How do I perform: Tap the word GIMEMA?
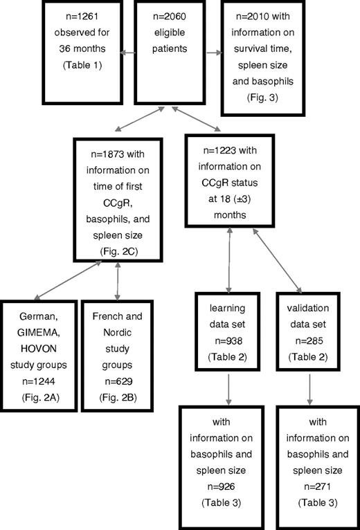coord(38,329)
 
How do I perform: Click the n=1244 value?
coord(38,383)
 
